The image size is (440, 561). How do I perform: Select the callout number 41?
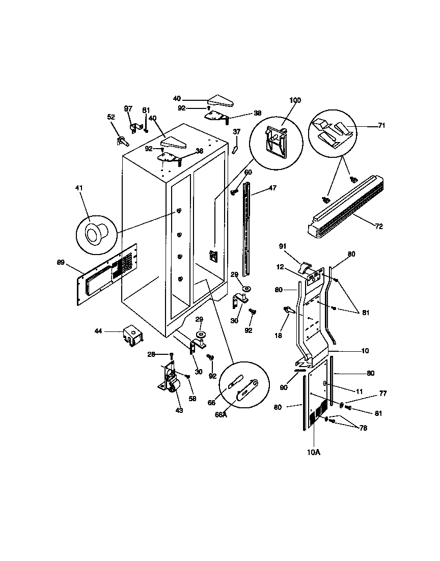tap(78, 188)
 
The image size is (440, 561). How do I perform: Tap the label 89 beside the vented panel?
tap(61, 263)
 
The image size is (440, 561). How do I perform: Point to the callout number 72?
tap(378, 226)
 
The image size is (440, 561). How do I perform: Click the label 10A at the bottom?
tap(314, 452)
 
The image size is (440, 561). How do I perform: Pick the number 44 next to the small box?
tap(98, 331)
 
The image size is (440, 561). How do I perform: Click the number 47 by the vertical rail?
tap(273, 188)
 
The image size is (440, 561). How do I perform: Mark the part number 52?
tap(111, 117)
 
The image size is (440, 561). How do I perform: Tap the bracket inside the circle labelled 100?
tap(275, 138)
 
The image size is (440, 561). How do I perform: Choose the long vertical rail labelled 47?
tap(247, 229)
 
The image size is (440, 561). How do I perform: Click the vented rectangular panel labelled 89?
tap(107, 274)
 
